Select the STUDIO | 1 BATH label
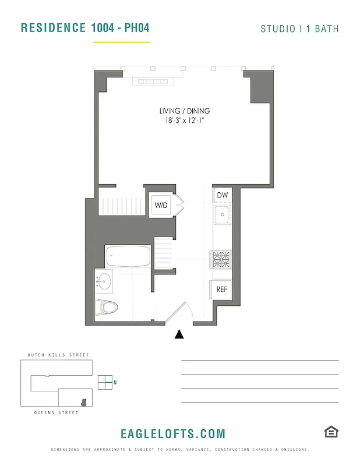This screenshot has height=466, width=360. coord(299,29)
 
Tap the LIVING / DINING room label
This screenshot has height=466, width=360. coord(184,111)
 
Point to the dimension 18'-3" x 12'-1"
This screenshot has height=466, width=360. coord(184,121)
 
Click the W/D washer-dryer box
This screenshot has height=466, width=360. coord(160,205)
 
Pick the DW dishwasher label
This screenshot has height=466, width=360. coord(222,195)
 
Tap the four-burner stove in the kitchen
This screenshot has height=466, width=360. coord(221,259)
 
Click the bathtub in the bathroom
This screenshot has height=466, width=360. coord(128,256)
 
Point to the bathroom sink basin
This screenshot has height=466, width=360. coord(104,282)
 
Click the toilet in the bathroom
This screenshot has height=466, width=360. coord(108,306)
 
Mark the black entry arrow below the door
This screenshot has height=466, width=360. coord(179,334)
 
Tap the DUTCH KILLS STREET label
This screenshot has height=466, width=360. coord(58,355)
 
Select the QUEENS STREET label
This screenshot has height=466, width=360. coord(56,412)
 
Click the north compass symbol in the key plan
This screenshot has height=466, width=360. coord(105,382)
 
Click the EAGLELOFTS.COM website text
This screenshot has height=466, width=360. coord(173,434)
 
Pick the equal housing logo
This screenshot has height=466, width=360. coord(331,432)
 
